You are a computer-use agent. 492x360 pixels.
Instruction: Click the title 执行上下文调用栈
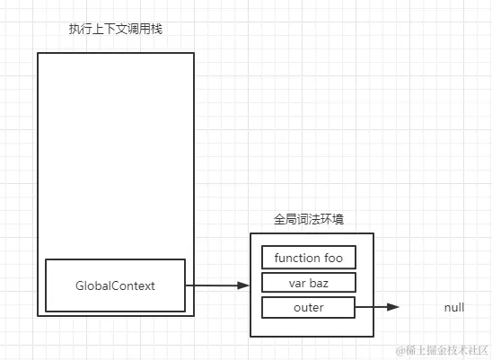[x=115, y=30]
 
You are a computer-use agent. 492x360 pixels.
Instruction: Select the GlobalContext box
[x=115, y=285]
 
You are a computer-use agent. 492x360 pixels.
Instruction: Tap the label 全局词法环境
[x=312, y=219]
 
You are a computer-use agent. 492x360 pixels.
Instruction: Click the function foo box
[x=308, y=258]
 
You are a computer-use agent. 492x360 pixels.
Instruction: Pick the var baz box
[x=308, y=283]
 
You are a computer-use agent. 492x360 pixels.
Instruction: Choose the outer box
[x=308, y=308]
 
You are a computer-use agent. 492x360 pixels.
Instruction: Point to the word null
[x=454, y=308]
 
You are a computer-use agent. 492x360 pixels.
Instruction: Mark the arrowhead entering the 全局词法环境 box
[x=243, y=285]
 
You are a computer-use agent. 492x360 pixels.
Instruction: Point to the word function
[x=297, y=258]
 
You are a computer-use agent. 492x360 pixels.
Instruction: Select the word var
[x=295, y=283]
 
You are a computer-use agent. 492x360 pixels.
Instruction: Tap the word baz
[x=319, y=283]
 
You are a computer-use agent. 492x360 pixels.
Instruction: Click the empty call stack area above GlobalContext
[x=115, y=153]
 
